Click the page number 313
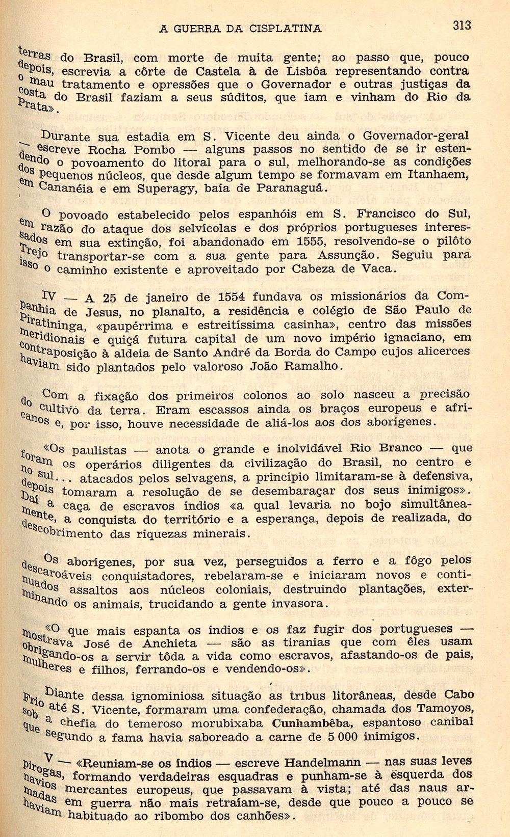tap(461, 25)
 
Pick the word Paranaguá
tap(282, 188)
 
